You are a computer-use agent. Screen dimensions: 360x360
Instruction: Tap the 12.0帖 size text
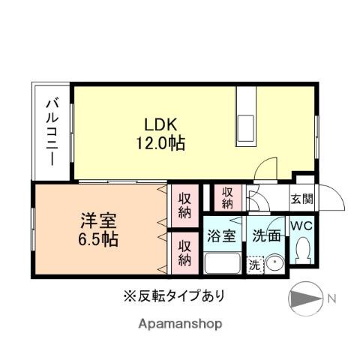pos(161,142)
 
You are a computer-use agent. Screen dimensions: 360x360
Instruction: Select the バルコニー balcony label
pos(51,131)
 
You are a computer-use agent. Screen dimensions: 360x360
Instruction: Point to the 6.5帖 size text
pos(98,241)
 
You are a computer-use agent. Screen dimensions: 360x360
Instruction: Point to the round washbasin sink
pos(274,265)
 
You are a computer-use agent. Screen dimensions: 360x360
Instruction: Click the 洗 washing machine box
pos(255,265)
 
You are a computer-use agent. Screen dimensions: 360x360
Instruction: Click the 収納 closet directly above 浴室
pos(226,197)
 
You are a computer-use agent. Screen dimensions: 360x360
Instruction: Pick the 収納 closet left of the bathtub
pos(183,253)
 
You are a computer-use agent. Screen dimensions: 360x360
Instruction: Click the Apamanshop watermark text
pos(180,324)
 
